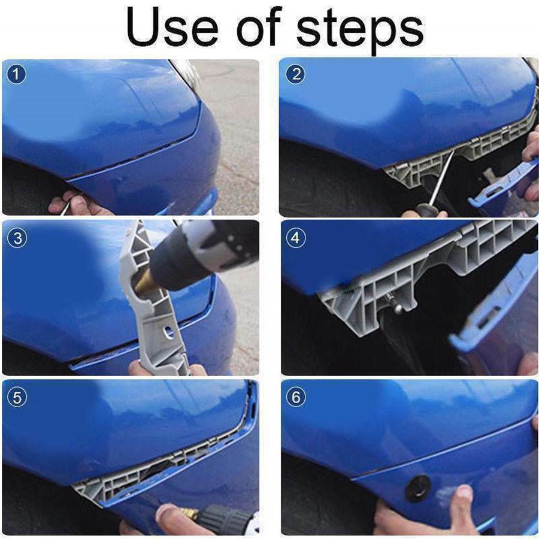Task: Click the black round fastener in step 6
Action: (418, 487)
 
